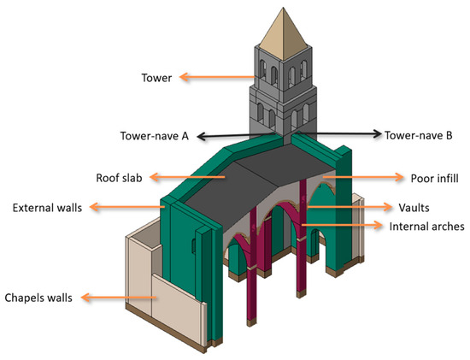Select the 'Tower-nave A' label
(153, 135)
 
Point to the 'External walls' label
(44, 207)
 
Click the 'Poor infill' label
(426, 178)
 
